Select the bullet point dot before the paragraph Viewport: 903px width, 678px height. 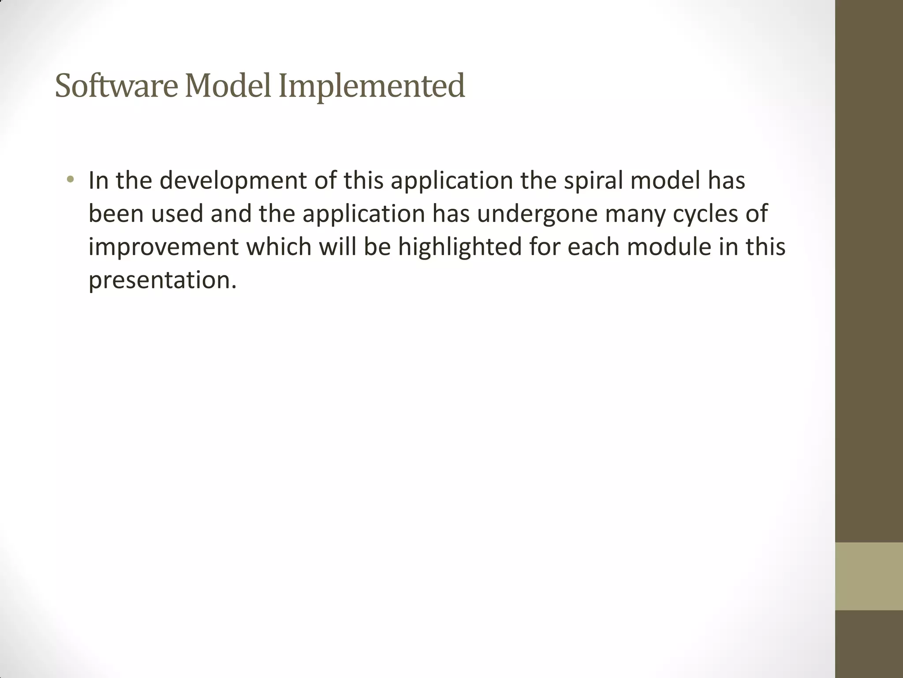click(x=70, y=180)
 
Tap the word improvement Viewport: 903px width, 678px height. click(x=164, y=247)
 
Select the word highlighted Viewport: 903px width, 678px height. click(x=460, y=247)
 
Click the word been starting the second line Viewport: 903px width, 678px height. click(x=116, y=214)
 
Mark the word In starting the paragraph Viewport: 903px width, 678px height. click(x=98, y=181)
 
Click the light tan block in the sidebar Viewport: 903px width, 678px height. click(x=869, y=576)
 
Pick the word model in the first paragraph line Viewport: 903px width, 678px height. click(x=662, y=181)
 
